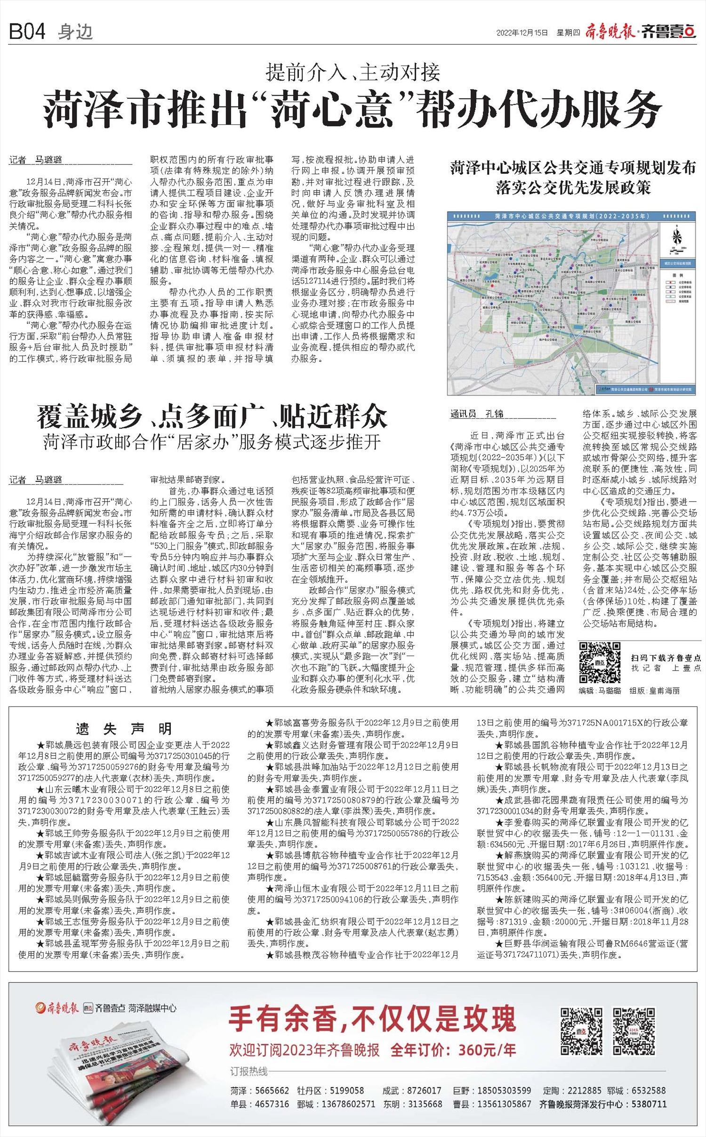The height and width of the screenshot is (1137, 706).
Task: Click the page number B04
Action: coord(27,32)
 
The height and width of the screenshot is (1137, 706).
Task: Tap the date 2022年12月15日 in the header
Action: coord(522,32)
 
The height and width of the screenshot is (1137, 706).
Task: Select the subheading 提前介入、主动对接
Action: coord(353,72)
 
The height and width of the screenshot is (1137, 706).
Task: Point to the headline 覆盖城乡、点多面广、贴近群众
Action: coord(212,416)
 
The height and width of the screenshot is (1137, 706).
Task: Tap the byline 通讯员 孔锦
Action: coord(477,414)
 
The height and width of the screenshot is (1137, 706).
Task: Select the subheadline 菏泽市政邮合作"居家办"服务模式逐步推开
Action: coord(212,442)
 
